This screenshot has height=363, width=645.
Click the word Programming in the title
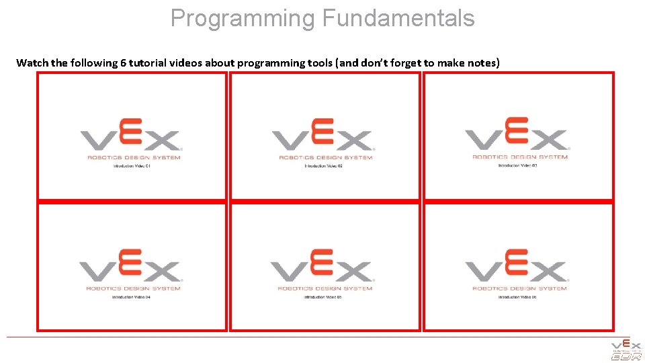click(x=243, y=19)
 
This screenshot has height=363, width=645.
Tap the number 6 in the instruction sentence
click(x=124, y=63)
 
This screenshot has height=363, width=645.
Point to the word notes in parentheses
click(x=480, y=63)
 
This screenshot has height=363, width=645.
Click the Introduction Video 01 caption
click(x=132, y=166)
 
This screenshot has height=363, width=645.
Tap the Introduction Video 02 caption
click(x=324, y=165)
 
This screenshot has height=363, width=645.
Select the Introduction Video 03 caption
click(x=517, y=165)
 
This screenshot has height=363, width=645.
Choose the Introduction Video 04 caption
click(x=131, y=296)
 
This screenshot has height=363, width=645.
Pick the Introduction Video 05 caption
click(x=323, y=296)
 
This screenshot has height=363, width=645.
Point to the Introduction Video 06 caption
click(x=517, y=296)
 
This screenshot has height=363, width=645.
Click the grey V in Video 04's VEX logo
click(x=97, y=272)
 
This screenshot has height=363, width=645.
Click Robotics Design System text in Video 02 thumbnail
click(x=325, y=158)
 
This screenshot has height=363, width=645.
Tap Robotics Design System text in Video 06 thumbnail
click(x=519, y=288)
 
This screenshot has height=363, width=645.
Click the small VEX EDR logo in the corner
click(x=626, y=350)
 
